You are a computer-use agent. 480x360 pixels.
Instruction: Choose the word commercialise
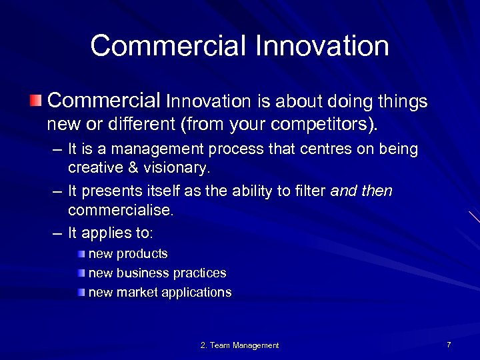tap(120, 210)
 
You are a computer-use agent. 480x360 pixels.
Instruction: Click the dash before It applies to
tap(57, 233)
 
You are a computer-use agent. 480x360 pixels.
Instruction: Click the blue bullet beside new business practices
tap(81, 273)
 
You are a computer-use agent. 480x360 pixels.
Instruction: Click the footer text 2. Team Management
tap(239, 345)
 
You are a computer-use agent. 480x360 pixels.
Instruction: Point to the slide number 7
tap(449, 345)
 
